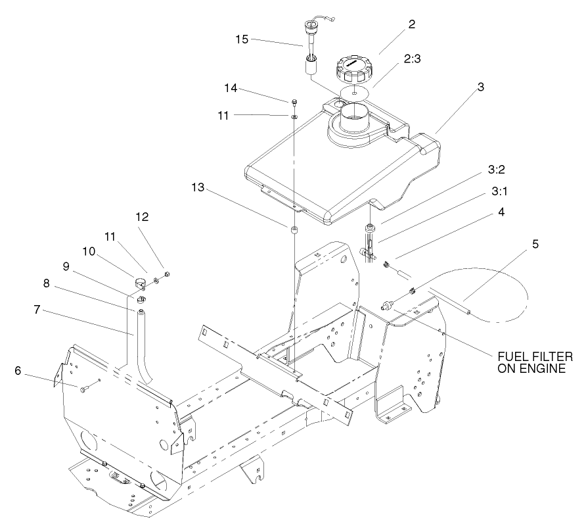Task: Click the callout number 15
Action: click(x=242, y=39)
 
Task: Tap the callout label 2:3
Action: click(x=413, y=59)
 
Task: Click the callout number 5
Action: click(x=535, y=245)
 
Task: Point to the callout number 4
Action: click(x=502, y=214)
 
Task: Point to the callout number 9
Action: click(x=66, y=266)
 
